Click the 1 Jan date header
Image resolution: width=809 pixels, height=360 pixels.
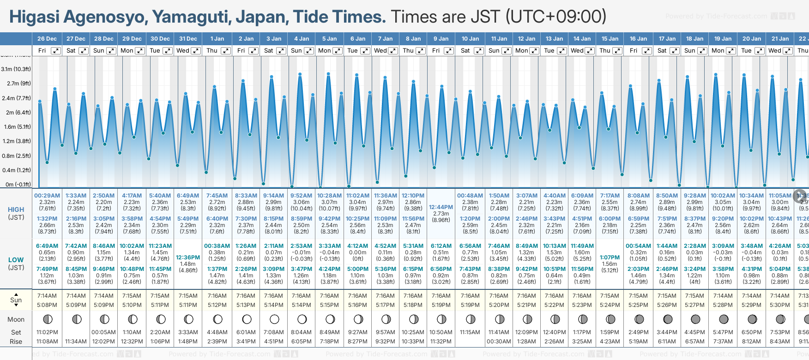(217, 39)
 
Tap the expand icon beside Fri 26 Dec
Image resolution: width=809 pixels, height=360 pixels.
(55, 51)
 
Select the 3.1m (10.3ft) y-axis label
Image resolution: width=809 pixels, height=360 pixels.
(16, 69)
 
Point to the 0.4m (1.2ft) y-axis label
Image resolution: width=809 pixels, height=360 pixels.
(16, 170)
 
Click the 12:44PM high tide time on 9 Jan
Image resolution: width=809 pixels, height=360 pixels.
(441, 207)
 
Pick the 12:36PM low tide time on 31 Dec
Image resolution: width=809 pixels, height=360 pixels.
(188, 258)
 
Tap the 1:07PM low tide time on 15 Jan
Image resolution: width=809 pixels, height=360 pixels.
(610, 258)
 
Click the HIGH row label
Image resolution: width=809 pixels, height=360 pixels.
(16, 210)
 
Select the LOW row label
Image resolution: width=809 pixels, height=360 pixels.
(16, 260)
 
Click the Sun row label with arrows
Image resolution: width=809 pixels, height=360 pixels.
(16, 300)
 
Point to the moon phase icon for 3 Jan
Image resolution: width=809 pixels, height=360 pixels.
(274, 319)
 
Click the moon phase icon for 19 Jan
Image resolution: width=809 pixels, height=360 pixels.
(724, 319)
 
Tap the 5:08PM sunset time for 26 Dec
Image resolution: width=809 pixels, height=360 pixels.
(47, 305)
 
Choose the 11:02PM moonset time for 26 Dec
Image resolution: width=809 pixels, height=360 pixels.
(47, 332)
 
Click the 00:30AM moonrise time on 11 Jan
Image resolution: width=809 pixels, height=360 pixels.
(499, 342)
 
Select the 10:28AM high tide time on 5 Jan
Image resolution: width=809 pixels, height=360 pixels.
(329, 196)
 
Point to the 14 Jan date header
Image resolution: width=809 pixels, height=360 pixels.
(582, 39)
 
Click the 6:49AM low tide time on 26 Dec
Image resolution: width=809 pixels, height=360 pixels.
(47, 246)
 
